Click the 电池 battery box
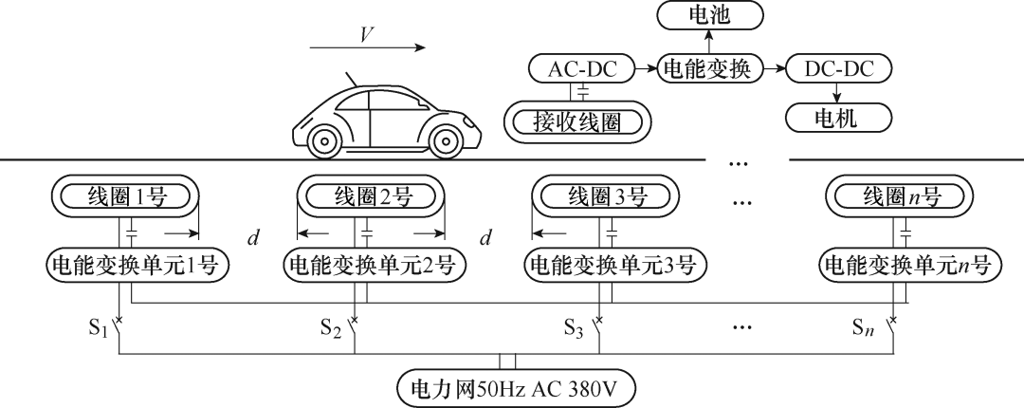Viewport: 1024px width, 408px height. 709,15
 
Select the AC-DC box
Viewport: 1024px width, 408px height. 582,68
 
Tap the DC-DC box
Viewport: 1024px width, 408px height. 839,68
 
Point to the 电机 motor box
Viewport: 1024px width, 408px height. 839,118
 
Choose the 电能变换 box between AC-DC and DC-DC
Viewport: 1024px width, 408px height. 709,68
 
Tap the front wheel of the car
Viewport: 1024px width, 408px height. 446,139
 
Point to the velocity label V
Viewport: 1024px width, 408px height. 366,35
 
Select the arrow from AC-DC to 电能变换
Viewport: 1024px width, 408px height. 646,68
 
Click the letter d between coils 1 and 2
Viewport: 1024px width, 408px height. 253,238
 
